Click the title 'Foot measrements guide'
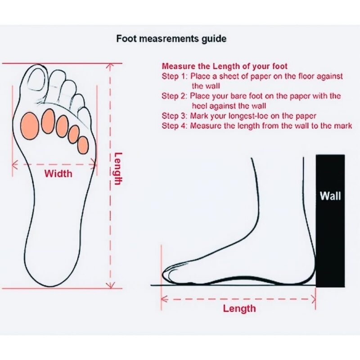tap(171, 39)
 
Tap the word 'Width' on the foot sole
tap(58, 174)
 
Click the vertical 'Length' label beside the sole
tap(118, 168)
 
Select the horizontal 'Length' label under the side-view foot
tap(239, 309)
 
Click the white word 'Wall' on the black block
tap(330, 196)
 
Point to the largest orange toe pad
tap(29, 126)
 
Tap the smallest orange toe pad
tap(83, 145)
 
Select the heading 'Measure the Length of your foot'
tap(225, 66)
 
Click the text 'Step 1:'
tap(175, 76)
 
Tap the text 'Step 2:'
tap(175, 96)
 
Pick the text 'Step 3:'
tap(175, 116)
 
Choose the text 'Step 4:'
tap(175, 126)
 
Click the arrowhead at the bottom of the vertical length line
tap(110, 285)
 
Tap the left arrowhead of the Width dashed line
tap(15, 165)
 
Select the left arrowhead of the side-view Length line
tap(164, 299)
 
